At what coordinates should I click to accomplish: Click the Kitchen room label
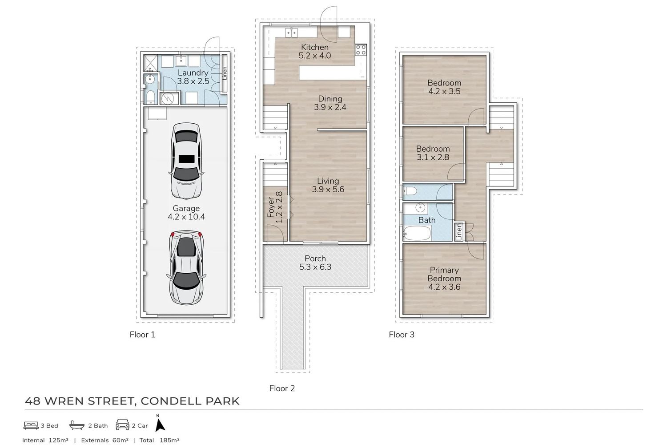tap(314, 47)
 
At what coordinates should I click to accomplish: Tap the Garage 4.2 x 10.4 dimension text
tap(186, 217)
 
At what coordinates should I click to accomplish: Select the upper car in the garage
tap(186, 161)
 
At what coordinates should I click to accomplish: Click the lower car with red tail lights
tap(186, 267)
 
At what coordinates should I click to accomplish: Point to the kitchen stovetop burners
tap(361, 50)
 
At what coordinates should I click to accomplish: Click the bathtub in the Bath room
tap(417, 233)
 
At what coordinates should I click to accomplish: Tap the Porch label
tap(315, 259)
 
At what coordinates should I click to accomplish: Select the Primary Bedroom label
tap(444, 274)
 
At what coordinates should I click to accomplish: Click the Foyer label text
tap(271, 207)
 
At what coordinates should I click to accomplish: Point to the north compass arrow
tap(160, 425)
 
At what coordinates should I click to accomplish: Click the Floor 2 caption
tap(282, 388)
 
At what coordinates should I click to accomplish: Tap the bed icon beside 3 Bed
tap(31, 425)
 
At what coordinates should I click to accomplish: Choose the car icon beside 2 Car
tap(122, 425)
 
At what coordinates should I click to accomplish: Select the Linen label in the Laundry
tap(225, 73)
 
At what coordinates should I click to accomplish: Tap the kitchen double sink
tap(292, 32)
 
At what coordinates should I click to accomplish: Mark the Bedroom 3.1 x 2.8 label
tap(433, 153)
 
